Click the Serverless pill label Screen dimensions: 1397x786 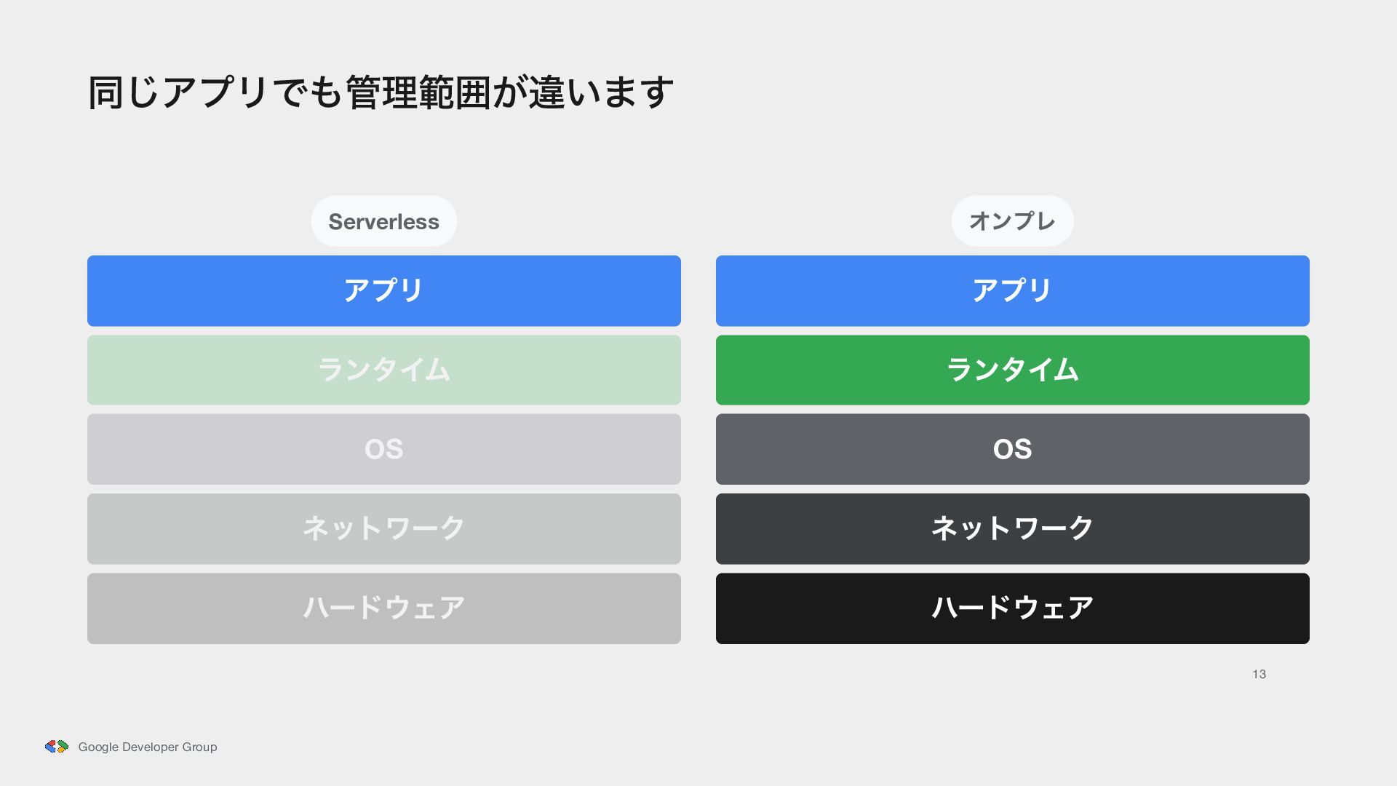click(383, 221)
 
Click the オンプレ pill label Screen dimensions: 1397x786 click(1012, 221)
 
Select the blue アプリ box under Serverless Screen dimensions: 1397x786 click(384, 291)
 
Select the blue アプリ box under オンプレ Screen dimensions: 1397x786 click(1013, 291)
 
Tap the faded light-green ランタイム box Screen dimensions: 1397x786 click(384, 370)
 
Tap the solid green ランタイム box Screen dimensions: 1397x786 click(1013, 370)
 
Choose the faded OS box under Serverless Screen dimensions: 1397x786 click(384, 449)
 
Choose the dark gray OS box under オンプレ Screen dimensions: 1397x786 click(1013, 449)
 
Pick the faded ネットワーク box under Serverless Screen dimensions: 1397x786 click(384, 529)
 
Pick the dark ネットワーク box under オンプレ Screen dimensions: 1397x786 click(1013, 529)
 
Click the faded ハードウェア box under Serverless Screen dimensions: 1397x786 click(384, 608)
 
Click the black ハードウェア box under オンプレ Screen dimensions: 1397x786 click(1013, 608)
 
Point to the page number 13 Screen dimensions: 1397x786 click(1259, 675)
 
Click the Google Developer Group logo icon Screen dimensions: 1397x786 click(57, 747)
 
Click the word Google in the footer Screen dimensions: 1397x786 click(98, 747)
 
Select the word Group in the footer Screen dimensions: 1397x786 click(199, 747)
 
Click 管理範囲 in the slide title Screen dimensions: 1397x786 click(418, 92)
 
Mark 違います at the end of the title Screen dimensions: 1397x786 click(601, 92)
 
